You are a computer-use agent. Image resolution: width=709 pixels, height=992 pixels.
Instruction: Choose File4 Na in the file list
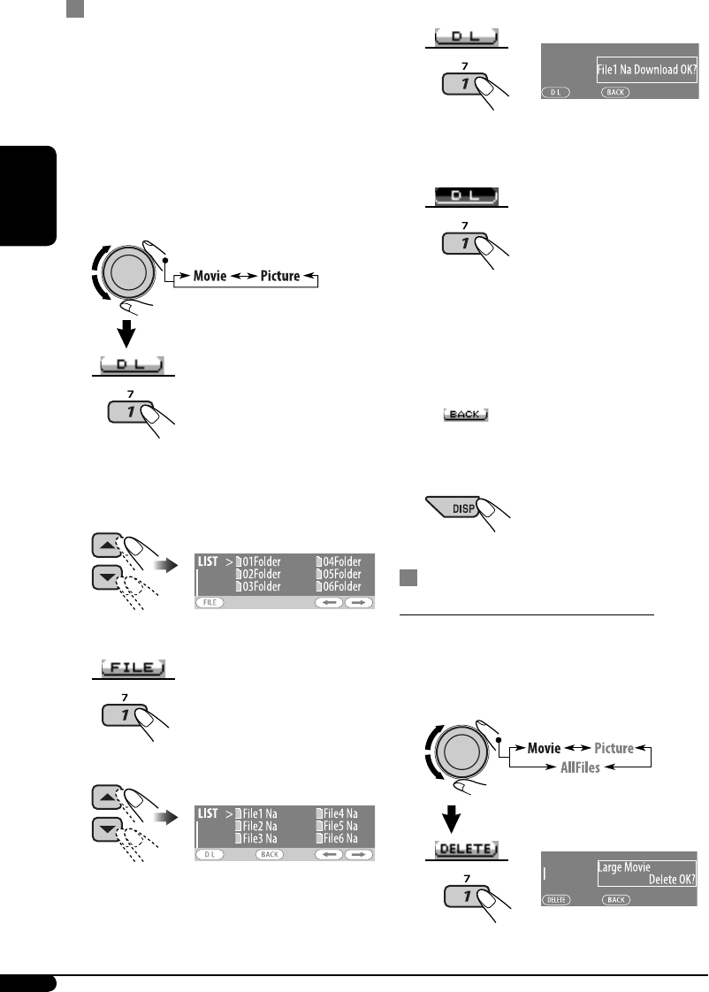(x=340, y=813)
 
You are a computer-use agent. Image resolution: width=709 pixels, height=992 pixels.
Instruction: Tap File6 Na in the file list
(x=340, y=838)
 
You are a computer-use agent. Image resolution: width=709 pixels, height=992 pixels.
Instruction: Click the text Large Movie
(x=624, y=867)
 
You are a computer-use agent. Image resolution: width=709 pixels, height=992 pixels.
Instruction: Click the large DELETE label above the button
(x=465, y=849)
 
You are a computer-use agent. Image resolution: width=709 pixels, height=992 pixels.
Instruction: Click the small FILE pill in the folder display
(x=210, y=602)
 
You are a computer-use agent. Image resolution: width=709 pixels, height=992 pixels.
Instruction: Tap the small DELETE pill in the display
(x=555, y=898)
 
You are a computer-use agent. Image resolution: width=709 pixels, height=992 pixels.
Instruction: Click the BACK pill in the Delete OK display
(x=616, y=898)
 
